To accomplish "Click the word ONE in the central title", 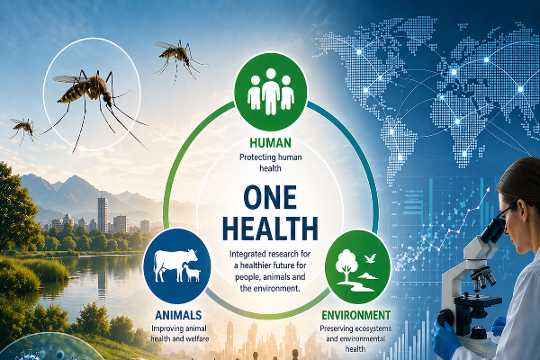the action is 270,197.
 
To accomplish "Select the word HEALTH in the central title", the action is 270,228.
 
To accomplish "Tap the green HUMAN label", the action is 270,142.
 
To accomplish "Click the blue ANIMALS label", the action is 178,315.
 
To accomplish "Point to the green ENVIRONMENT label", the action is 356,315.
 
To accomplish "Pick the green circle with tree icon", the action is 358,267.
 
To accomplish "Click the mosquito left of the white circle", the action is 24,130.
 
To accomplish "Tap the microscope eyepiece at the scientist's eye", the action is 494,230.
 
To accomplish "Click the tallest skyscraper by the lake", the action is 103,214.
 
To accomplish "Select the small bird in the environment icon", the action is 370,258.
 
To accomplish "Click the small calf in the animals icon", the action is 193,274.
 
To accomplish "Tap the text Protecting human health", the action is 271,163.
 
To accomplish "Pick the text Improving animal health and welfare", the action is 180,334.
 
